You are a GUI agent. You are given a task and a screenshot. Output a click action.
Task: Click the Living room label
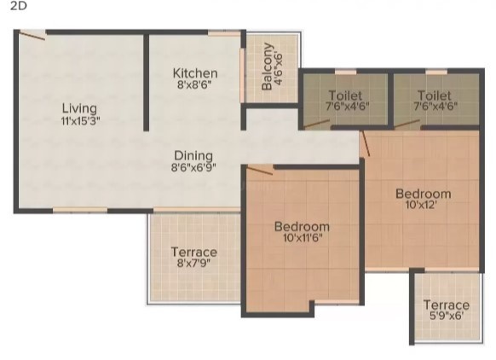(79, 108)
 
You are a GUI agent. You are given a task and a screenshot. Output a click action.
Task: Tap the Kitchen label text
(195, 73)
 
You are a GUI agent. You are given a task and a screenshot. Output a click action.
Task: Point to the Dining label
(193, 156)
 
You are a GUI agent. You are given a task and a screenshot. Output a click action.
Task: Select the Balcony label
(267, 67)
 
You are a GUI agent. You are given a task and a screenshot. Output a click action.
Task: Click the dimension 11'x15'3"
(80, 120)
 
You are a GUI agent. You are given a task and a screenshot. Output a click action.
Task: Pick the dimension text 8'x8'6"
(194, 84)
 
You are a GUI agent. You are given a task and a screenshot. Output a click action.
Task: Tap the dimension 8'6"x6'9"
(193, 167)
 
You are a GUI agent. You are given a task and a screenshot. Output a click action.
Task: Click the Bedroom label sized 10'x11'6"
(302, 227)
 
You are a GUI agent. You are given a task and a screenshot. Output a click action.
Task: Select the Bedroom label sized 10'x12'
(424, 194)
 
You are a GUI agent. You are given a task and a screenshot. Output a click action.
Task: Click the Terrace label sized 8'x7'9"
(194, 252)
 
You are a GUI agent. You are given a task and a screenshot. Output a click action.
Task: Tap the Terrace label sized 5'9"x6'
(447, 305)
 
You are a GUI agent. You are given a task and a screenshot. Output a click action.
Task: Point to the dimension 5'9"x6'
(447, 316)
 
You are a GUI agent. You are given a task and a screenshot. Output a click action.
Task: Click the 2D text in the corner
(19, 6)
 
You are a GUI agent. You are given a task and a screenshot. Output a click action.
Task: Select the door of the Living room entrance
(32, 36)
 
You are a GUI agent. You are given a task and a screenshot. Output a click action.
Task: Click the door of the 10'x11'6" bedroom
(259, 171)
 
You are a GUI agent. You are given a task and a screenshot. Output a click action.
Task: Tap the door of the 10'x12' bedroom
(366, 143)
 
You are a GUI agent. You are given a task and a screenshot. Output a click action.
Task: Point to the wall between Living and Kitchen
(146, 82)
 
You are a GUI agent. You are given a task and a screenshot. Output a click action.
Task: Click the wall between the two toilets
(390, 100)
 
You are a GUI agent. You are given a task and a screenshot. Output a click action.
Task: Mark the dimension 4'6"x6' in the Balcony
(279, 68)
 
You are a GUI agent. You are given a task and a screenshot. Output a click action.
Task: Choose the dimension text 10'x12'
(421, 206)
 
